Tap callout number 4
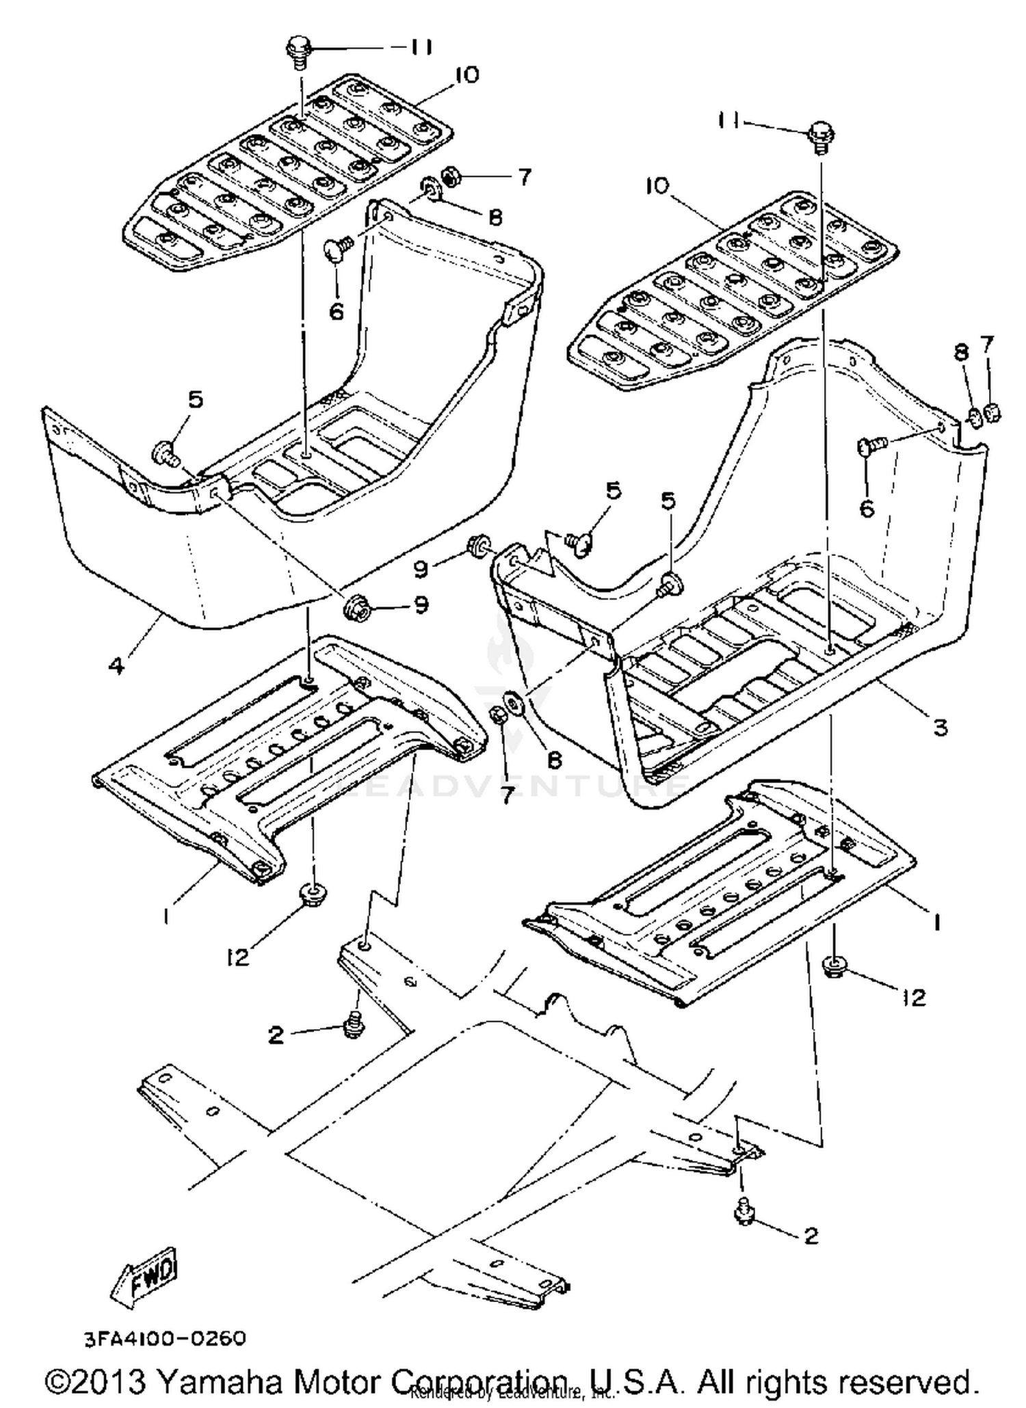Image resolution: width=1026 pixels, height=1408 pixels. coord(117,665)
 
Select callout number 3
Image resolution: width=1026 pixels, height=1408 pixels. coord(941,727)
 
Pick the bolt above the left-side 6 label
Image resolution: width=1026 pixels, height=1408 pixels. coord(337,245)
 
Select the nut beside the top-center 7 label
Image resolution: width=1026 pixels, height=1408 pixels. coord(451,177)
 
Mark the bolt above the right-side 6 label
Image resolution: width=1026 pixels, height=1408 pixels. coord(869,446)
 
